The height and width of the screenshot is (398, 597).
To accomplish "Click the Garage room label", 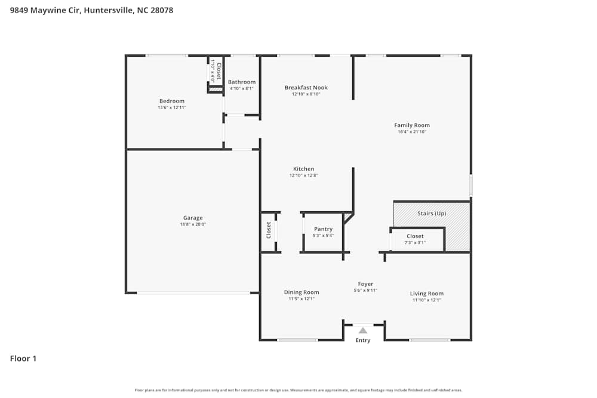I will click(x=192, y=218).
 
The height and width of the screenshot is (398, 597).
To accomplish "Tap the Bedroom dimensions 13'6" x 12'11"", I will click(x=172, y=108).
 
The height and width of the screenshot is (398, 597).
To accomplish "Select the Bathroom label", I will click(x=242, y=82).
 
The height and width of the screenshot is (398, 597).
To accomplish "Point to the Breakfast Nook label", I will click(x=306, y=88).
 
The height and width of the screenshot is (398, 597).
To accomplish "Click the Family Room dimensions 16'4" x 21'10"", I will click(x=412, y=132).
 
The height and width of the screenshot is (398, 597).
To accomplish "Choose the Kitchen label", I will click(x=303, y=169).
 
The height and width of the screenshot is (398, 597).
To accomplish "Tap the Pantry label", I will click(x=323, y=229).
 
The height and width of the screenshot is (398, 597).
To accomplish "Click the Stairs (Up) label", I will click(x=432, y=213).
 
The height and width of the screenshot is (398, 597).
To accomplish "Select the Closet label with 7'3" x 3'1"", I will click(x=415, y=236).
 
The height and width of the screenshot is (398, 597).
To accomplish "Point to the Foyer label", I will click(x=365, y=284).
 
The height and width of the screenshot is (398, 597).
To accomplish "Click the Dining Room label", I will click(x=301, y=292).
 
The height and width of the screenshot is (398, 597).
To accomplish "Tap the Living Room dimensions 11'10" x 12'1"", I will click(x=426, y=300).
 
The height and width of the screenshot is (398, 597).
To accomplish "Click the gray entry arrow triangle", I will click(x=363, y=329).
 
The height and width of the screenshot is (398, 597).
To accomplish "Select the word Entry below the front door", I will click(x=363, y=341).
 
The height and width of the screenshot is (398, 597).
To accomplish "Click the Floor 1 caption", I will click(x=23, y=359).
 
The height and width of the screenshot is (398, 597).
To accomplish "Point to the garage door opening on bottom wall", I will click(x=193, y=293).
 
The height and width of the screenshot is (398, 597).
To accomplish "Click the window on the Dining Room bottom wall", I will click(x=297, y=340).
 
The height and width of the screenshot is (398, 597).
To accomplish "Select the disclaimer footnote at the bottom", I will click(x=298, y=390).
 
